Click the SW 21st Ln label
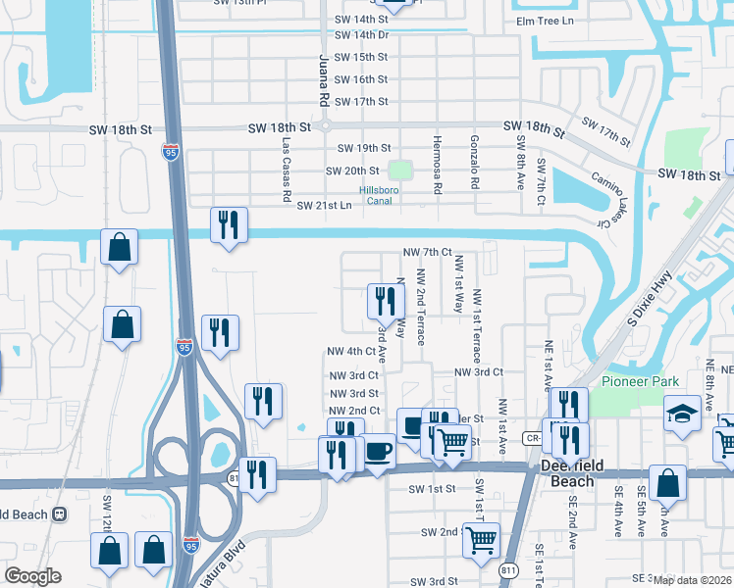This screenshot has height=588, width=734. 323,205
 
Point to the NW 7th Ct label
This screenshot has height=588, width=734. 427,252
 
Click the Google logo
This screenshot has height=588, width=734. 32,575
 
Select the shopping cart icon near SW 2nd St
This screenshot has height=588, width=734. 481,540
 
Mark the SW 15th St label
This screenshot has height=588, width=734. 360,58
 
